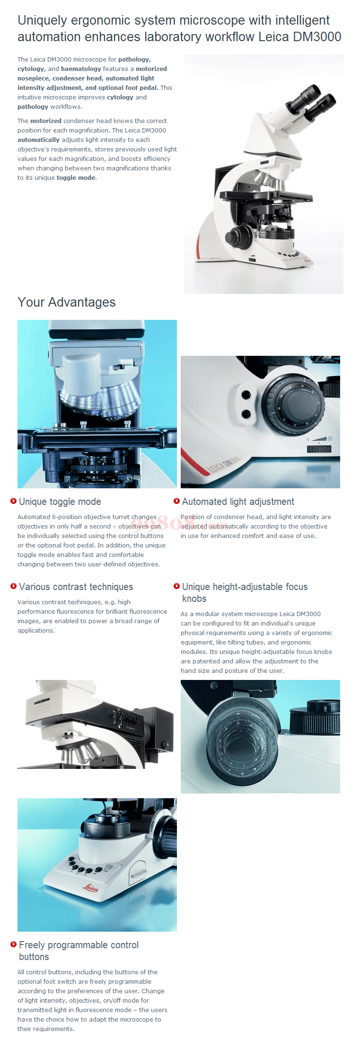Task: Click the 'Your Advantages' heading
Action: click(66, 302)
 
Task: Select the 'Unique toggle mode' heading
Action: click(60, 502)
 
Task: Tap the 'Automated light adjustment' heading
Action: click(238, 502)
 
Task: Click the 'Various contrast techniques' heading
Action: click(76, 587)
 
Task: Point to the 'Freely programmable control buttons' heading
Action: click(79, 951)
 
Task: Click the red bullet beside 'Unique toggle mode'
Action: click(13, 501)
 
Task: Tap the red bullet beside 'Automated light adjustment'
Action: click(176, 501)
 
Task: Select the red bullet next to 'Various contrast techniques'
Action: click(13, 586)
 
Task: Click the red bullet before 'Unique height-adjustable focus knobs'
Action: click(176, 586)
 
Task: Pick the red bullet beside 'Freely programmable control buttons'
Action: click(13, 944)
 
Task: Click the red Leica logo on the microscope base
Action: click(91, 887)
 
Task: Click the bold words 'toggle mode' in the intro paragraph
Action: click(76, 178)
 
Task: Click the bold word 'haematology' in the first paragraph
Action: click(81, 69)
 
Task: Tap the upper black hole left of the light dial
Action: click(246, 394)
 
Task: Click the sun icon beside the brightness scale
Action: click(330, 439)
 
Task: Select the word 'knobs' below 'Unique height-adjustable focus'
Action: click(194, 599)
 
